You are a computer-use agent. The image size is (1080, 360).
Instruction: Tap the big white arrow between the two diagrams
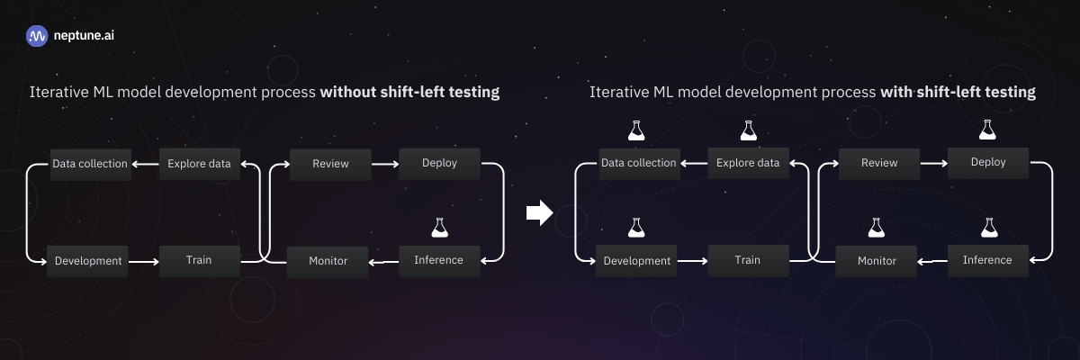coord(538,212)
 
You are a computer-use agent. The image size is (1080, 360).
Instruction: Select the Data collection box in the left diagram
coord(90,164)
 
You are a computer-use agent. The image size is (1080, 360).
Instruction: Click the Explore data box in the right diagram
coord(748,163)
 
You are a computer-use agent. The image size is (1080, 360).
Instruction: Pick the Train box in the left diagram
coord(199,261)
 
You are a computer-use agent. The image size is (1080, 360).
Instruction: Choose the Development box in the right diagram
coord(637,261)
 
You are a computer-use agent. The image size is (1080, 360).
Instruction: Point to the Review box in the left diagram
coord(330,164)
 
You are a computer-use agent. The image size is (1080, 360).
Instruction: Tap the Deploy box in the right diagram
coord(989,163)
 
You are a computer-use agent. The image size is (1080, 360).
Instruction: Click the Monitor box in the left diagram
coord(328,261)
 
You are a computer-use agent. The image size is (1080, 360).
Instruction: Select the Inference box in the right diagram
coord(987,260)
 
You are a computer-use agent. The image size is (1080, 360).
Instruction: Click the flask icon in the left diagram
coord(440,228)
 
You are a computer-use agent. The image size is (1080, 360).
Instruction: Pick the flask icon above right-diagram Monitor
coord(877,228)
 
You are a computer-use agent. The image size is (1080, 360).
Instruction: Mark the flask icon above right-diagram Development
coord(637,228)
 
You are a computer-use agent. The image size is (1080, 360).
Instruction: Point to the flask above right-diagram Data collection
coord(637,130)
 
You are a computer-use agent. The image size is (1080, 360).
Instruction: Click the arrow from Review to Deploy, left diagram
coord(385,164)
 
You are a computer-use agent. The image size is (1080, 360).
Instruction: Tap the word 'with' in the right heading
coord(895,92)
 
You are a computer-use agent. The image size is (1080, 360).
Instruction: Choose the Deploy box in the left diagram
coord(440,164)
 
